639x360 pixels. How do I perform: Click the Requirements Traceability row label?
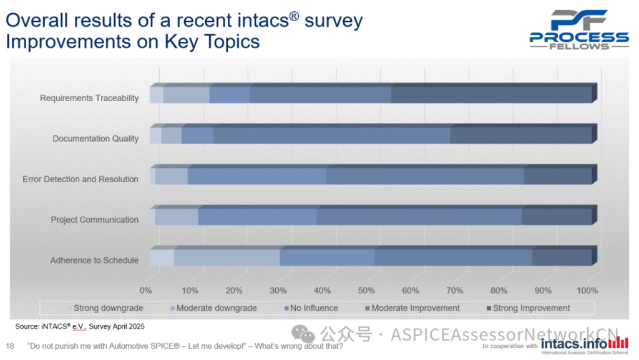coord(89,98)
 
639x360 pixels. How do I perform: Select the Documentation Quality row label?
coord(95,139)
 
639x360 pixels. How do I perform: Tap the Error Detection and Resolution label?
coord(80,179)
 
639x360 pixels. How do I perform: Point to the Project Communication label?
coord(94,220)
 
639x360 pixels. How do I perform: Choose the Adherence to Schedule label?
coord(94,260)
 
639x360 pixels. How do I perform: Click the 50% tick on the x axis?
coord(366,291)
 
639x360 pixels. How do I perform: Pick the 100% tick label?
coord(587,291)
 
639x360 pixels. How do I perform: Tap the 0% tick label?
coord(146,291)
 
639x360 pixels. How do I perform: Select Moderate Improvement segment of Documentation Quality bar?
coord(331,135)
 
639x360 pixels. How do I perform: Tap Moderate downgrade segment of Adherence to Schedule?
coord(227,257)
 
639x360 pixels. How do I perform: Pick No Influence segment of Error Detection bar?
coord(256,176)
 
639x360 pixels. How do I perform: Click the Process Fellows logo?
coord(579,30)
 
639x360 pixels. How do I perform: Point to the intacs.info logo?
coord(584,344)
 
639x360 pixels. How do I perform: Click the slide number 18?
coord(9,346)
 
